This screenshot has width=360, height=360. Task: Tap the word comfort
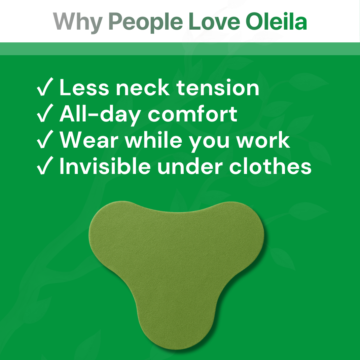click(192, 114)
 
